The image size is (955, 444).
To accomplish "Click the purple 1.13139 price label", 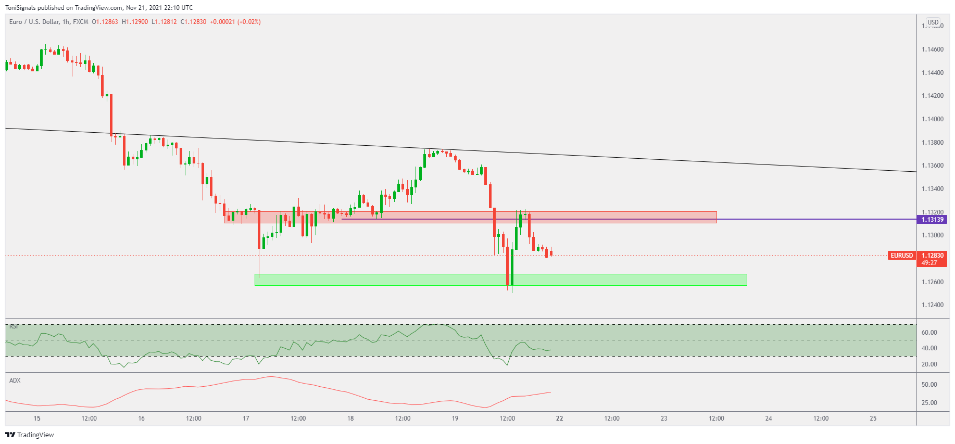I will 932,220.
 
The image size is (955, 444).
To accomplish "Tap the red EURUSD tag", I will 901,256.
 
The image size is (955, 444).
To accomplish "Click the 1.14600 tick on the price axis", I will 932,49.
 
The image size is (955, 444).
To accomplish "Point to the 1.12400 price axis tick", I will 932,305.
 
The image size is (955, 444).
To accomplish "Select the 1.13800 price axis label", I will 932,143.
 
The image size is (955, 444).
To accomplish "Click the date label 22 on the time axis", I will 559,418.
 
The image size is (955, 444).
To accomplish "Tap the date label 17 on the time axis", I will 246,418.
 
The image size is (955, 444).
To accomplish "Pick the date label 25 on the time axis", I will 873,418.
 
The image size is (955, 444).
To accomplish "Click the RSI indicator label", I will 14,326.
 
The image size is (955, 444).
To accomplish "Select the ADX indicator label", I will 15,380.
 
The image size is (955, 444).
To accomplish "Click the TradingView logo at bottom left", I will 30,435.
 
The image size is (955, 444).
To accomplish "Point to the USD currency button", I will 933,22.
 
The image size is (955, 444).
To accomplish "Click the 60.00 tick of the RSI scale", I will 929,333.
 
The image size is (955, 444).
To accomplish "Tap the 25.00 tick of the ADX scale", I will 929,403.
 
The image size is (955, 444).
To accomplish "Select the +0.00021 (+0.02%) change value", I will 235,22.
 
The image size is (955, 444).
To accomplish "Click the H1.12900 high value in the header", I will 135,22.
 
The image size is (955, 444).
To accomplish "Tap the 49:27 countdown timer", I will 929,263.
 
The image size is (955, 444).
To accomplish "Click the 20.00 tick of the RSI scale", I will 929,364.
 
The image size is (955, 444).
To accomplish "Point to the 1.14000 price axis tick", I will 932,119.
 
